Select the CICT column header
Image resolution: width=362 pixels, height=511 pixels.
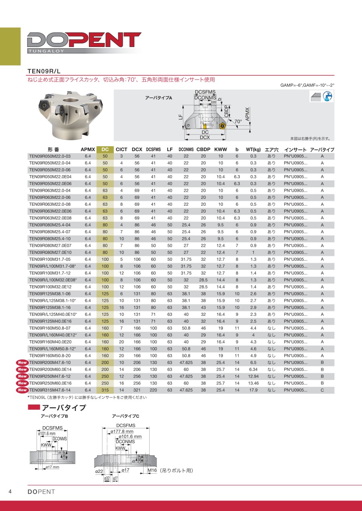(121, 149)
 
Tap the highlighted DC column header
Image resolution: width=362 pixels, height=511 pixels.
(105, 149)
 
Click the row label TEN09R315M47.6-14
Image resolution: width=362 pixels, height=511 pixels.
(50, 390)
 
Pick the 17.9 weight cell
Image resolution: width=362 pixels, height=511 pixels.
(253, 390)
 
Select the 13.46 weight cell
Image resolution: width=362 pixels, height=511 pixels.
(253, 383)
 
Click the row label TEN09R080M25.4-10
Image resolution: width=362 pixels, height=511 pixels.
(50, 239)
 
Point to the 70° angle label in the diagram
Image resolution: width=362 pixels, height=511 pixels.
(238, 121)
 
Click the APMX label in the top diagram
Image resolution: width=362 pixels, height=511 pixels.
(247, 114)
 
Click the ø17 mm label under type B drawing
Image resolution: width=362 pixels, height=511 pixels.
(52, 467)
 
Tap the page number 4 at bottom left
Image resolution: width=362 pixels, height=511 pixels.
(10, 492)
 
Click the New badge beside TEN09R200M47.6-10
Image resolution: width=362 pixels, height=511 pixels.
(22, 363)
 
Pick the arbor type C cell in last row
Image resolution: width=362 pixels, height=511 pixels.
(322, 390)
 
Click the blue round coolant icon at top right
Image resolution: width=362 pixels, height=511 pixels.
(328, 96)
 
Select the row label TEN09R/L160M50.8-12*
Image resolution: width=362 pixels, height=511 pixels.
(53, 349)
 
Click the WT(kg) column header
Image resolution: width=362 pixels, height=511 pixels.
(254, 149)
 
